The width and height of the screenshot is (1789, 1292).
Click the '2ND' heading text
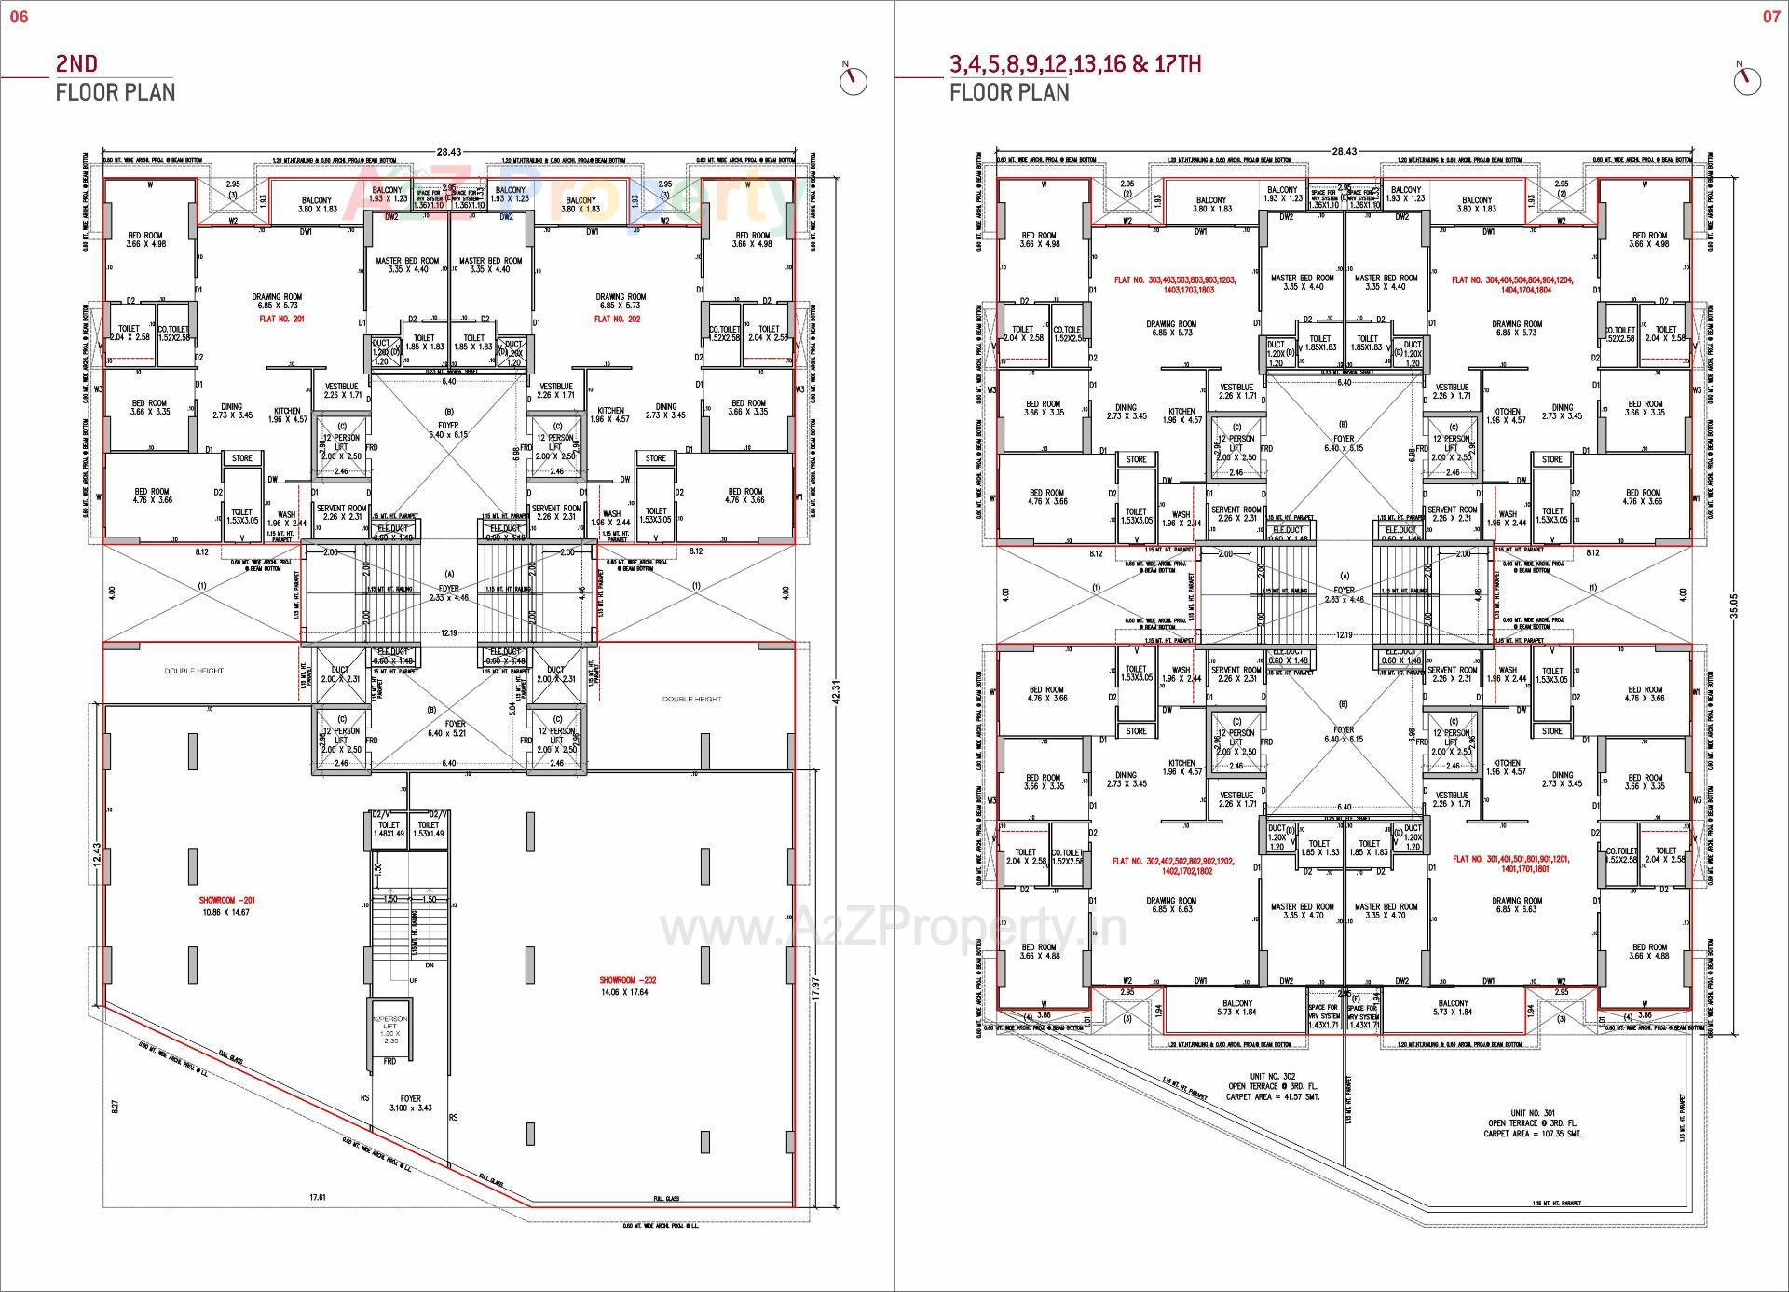[76, 63]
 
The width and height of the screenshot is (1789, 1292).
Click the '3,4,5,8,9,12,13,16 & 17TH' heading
[1074, 63]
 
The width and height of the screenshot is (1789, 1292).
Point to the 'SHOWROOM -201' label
[226, 901]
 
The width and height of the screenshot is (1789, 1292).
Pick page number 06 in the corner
[19, 17]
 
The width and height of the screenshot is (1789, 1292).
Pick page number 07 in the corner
[1770, 17]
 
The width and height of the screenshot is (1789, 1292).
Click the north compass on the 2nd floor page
[852, 80]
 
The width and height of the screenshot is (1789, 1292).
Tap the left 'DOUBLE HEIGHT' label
[194, 671]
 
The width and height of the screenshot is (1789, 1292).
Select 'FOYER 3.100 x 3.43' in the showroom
[410, 1103]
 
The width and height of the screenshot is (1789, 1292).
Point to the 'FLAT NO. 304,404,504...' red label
[1511, 284]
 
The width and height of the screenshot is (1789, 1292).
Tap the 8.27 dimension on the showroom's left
[116, 1106]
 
